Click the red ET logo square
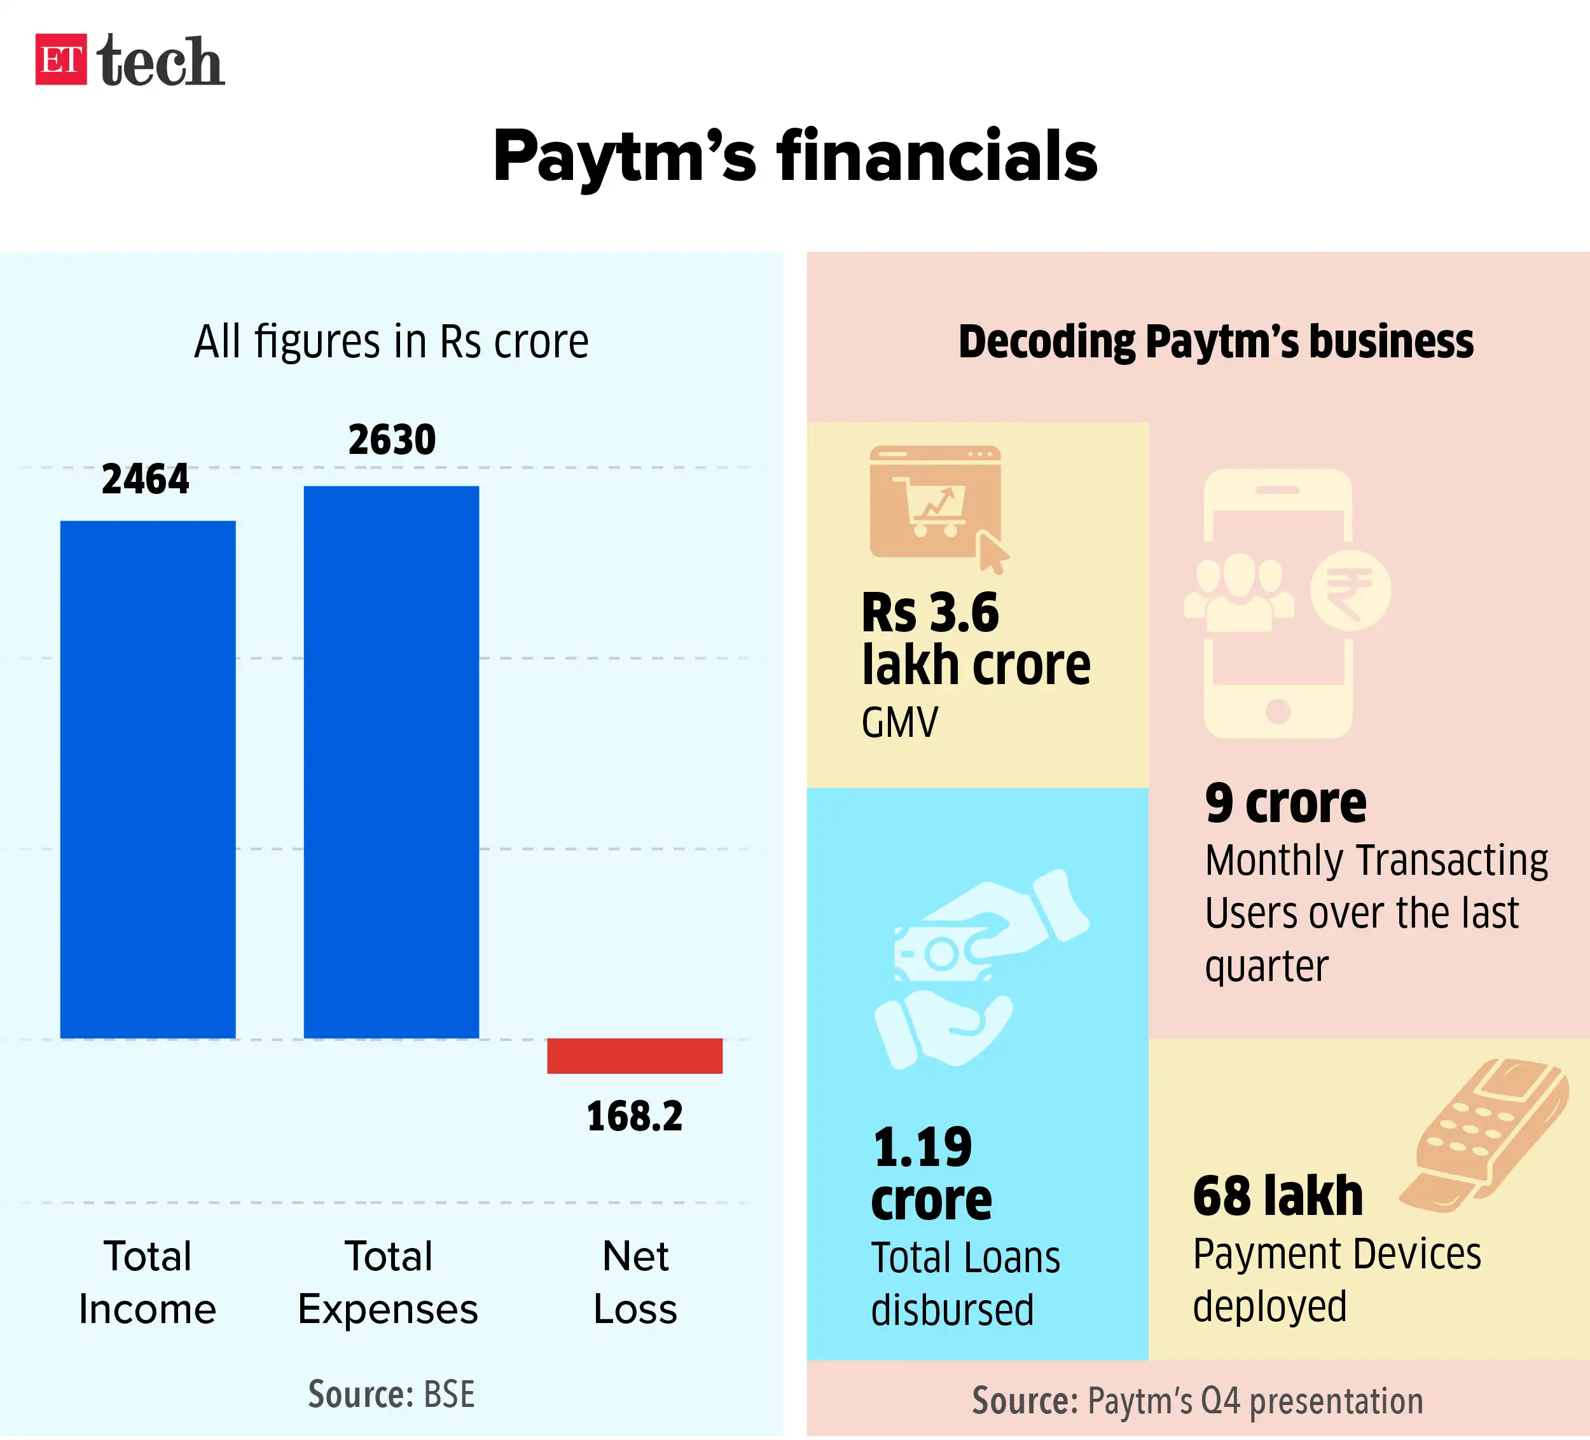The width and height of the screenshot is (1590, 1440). point(60,59)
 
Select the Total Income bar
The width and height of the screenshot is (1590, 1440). point(148,779)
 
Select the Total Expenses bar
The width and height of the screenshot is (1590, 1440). point(391,762)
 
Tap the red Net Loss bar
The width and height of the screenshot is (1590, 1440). point(635,1056)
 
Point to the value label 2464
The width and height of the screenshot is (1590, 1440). point(146,479)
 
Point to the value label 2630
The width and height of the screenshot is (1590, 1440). point(392,440)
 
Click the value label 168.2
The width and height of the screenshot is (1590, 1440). point(635,1116)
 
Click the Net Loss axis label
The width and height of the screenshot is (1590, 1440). point(635,1282)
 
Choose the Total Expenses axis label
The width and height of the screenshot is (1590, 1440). point(388,1282)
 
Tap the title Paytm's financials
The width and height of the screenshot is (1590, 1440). point(795,156)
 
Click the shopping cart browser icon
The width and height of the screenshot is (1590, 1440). point(936,503)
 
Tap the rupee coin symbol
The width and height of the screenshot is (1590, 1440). point(1350,591)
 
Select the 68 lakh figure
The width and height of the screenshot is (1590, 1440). point(1278,1197)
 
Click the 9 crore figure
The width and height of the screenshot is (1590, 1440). point(1285,804)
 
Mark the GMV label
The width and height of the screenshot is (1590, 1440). point(900,722)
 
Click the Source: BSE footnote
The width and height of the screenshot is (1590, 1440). point(391,1394)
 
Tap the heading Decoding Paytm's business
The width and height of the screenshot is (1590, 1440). point(1215,342)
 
